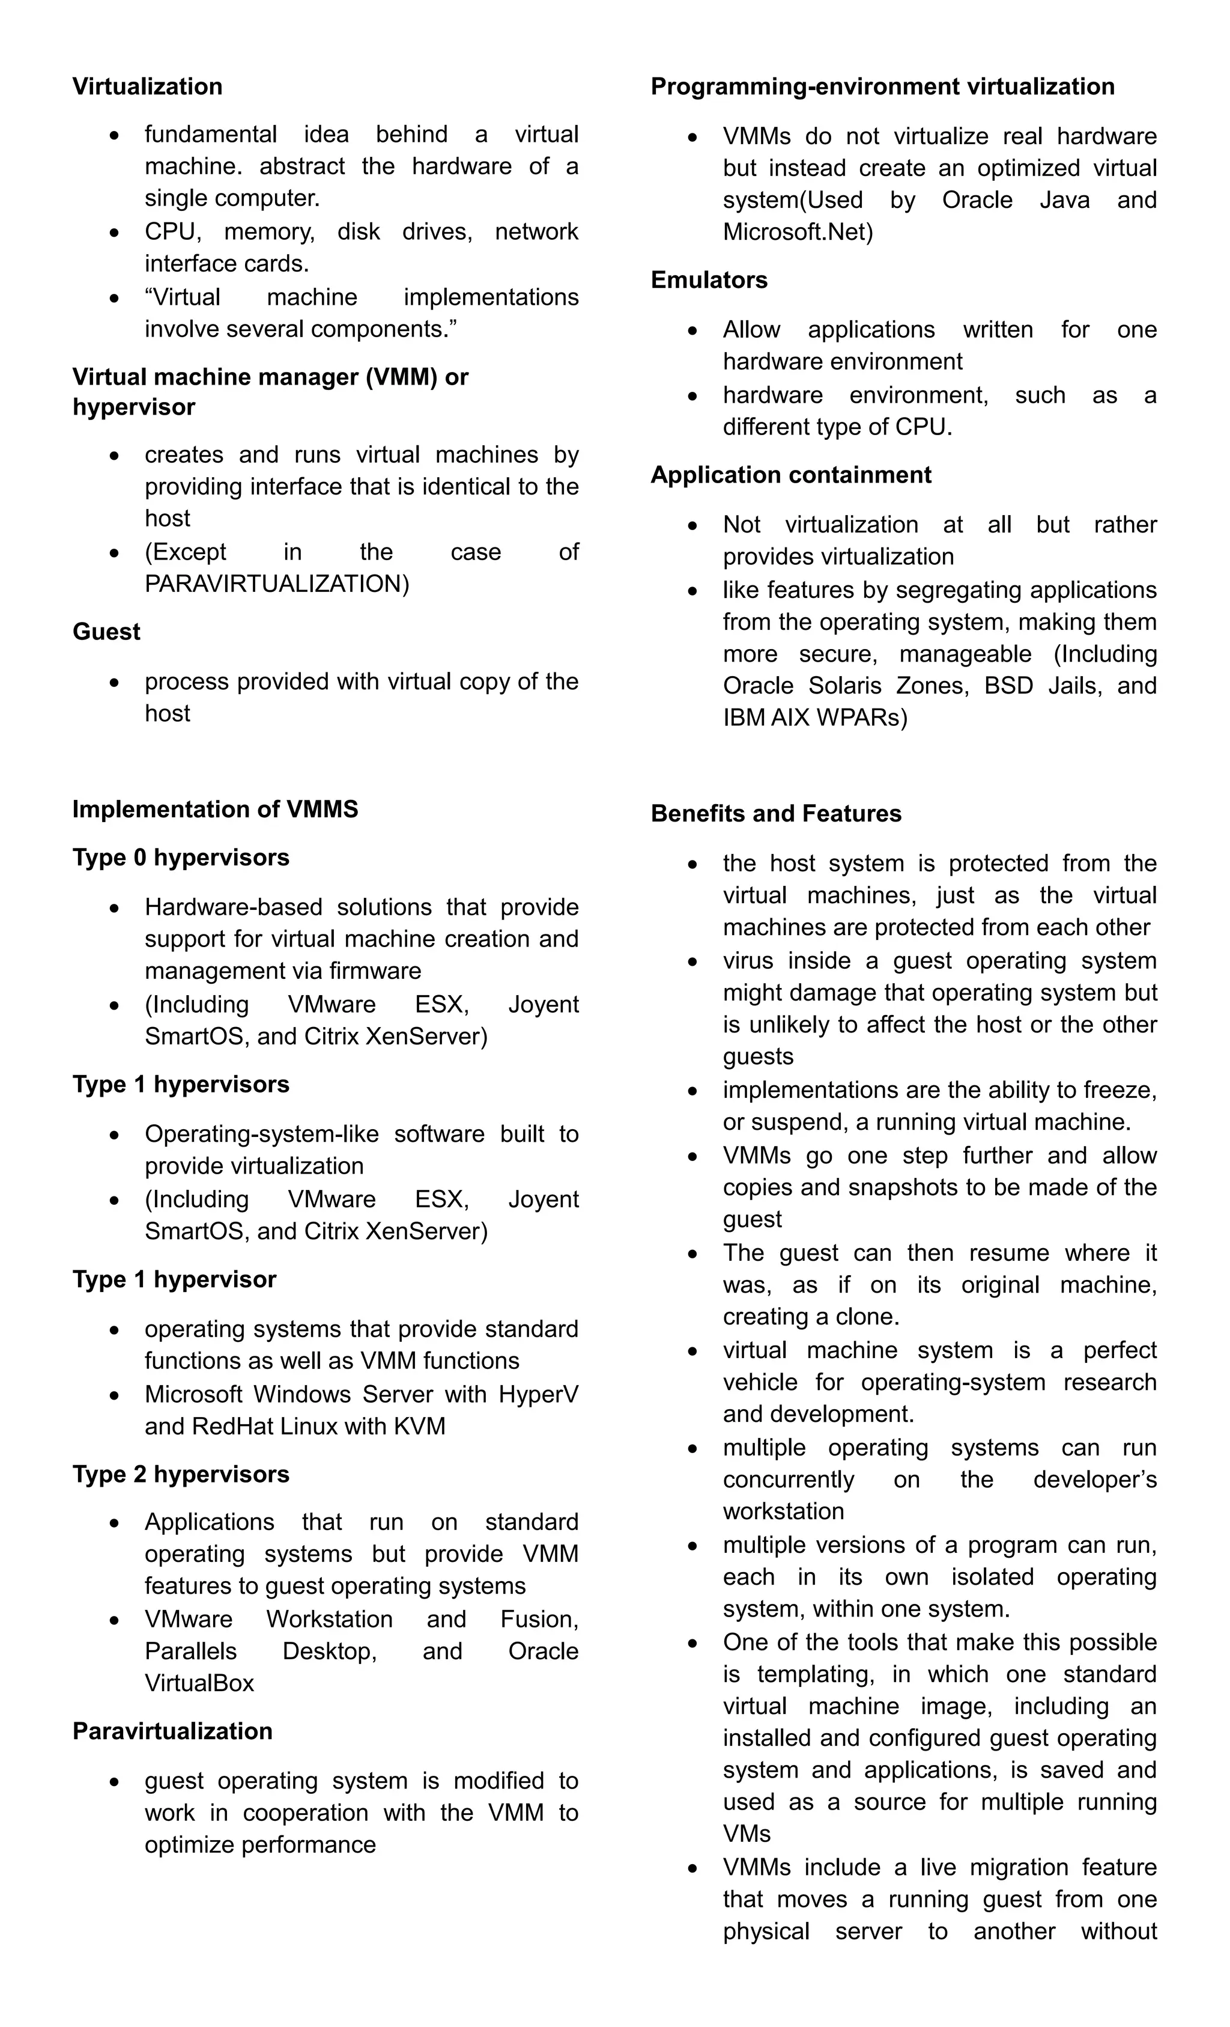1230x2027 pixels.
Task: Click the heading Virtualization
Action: pyautogui.click(x=147, y=87)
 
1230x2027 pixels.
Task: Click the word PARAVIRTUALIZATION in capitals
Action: pyautogui.click(x=276, y=584)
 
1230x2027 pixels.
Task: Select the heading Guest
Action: pyautogui.click(x=106, y=631)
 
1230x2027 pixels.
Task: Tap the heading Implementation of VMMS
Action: pyautogui.click(x=216, y=809)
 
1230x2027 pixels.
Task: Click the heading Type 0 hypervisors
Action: pyautogui.click(x=181, y=857)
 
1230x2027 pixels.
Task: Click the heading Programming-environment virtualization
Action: pyautogui.click(x=882, y=87)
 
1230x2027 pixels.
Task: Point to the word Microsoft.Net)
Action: pyautogui.click(x=798, y=232)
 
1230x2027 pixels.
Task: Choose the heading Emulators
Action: pyautogui.click(x=709, y=279)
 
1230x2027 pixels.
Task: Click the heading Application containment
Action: pyautogui.click(x=791, y=475)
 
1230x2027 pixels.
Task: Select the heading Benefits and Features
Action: pyautogui.click(x=776, y=814)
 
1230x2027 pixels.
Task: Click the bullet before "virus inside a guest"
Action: pyautogui.click(x=693, y=961)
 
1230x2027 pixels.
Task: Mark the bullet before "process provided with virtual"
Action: pyautogui.click(x=114, y=682)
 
